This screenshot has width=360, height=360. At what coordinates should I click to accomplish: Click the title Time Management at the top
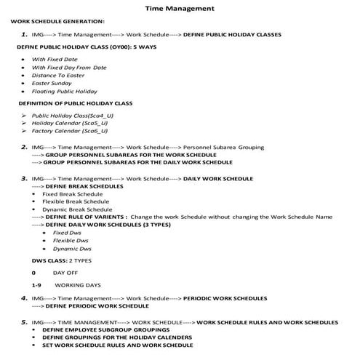179,9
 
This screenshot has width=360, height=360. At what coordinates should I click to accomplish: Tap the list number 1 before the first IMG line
25,34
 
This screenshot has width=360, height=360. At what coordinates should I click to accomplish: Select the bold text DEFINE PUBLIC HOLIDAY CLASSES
231,35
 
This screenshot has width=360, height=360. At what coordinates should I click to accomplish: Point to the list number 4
25,298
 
